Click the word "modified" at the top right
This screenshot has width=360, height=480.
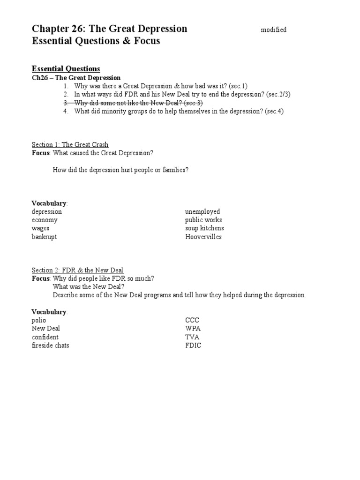click(x=273, y=30)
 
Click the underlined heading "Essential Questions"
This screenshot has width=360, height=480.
click(x=66, y=69)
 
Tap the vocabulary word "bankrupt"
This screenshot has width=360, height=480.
click(x=44, y=237)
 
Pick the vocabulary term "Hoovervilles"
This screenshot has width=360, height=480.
click(x=203, y=237)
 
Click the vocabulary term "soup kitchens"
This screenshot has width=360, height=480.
click(x=204, y=228)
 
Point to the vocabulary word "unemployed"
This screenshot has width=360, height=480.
click(x=202, y=211)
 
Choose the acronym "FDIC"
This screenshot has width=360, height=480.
click(x=193, y=345)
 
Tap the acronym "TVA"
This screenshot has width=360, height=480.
click(x=192, y=337)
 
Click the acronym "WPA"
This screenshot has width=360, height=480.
click(x=193, y=329)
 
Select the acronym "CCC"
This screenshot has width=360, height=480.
click(x=192, y=320)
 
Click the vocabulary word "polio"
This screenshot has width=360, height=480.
click(x=39, y=320)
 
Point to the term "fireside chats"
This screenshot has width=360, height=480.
click(x=51, y=345)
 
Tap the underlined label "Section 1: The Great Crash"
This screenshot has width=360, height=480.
click(x=70, y=144)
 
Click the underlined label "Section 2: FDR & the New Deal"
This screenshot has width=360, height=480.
click(x=77, y=270)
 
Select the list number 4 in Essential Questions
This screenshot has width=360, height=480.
click(x=66, y=111)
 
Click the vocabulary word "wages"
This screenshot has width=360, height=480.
click(x=40, y=228)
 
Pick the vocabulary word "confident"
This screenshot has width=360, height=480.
click(x=45, y=337)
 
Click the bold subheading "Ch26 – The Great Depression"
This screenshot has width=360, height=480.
click(x=76, y=78)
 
